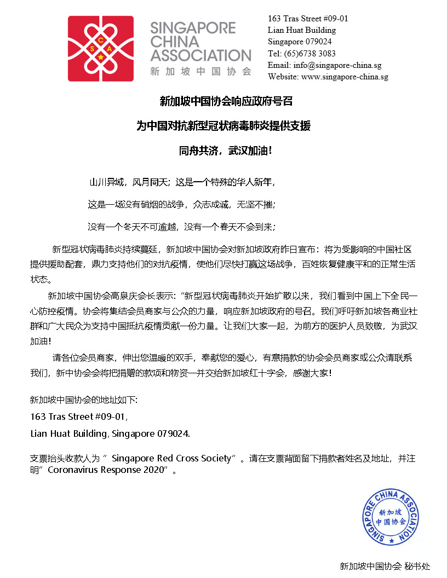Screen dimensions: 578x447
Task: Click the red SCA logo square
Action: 101,49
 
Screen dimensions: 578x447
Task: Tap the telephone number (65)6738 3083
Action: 310,54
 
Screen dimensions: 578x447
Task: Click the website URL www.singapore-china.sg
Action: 345,77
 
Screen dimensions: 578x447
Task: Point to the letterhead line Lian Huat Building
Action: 302,30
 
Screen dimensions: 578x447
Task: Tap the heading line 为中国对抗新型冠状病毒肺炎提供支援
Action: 224,126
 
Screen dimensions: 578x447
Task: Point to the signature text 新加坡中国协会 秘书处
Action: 385,567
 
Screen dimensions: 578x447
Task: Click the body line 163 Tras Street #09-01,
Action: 79,417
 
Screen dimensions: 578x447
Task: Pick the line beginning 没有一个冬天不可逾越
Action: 181,226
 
